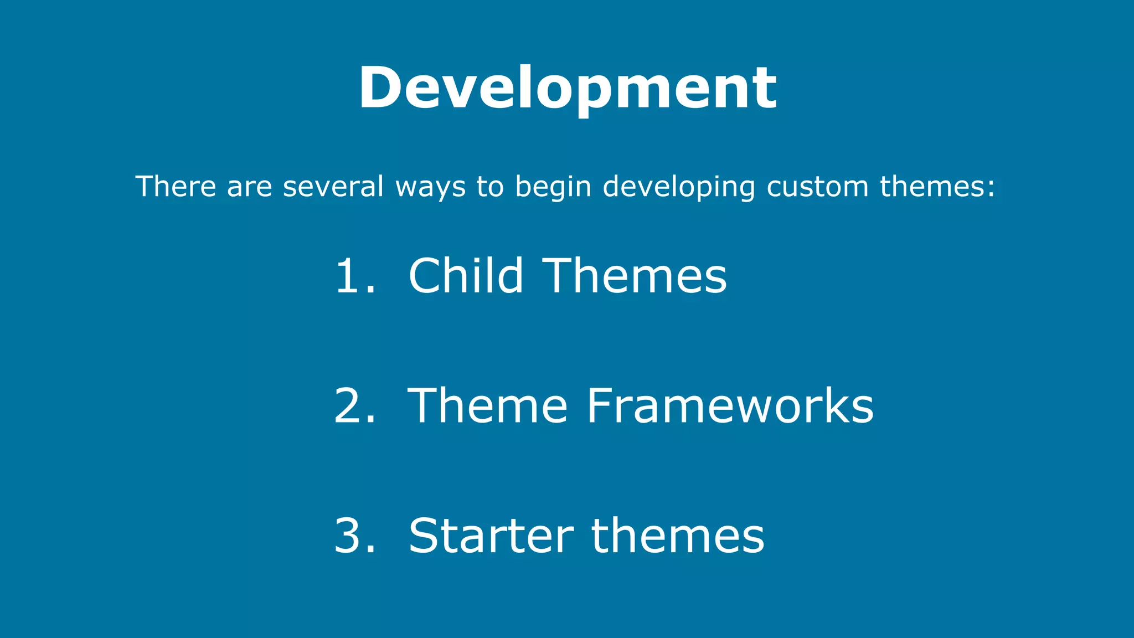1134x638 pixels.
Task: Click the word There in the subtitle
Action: [x=176, y=186]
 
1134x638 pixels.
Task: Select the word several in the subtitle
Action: [x=333, y=186]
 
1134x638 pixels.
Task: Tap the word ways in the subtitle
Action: [x=430, y=187]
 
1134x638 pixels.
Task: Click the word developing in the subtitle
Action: [x=679, y=187]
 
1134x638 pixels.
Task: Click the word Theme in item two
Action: [x=487, y=406]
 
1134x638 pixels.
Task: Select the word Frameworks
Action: [x=730, y=406]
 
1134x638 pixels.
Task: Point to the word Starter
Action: [x=491, y=536]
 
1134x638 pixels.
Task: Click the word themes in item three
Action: [x=678, y=536]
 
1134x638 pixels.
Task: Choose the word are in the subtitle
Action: [x=250, y=187]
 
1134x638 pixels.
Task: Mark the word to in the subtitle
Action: [x=490, y=186]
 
